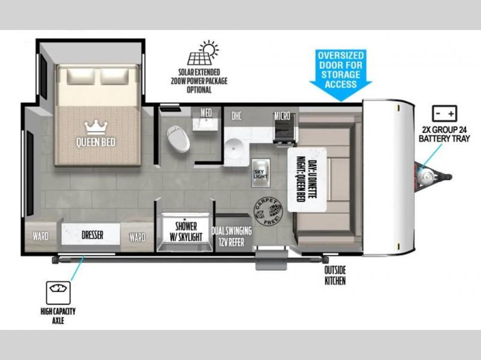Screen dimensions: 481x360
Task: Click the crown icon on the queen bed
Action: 96,127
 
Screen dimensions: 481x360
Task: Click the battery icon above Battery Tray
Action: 444,114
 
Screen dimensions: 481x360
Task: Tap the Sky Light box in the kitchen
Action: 261,173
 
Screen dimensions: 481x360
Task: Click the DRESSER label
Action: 93,235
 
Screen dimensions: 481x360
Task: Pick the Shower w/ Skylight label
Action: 186,231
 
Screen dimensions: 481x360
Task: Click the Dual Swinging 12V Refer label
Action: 231,236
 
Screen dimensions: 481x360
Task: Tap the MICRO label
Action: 282,116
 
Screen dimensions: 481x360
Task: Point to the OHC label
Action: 236,116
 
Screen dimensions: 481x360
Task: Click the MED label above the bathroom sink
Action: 206,112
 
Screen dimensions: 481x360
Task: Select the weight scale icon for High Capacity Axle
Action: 58,293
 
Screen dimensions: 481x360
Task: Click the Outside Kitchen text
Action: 335,275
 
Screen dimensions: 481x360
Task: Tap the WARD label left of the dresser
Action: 40,236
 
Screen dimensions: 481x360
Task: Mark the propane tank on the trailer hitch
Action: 426,175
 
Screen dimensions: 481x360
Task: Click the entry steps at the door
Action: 272,260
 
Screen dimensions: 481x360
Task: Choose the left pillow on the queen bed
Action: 81,76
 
